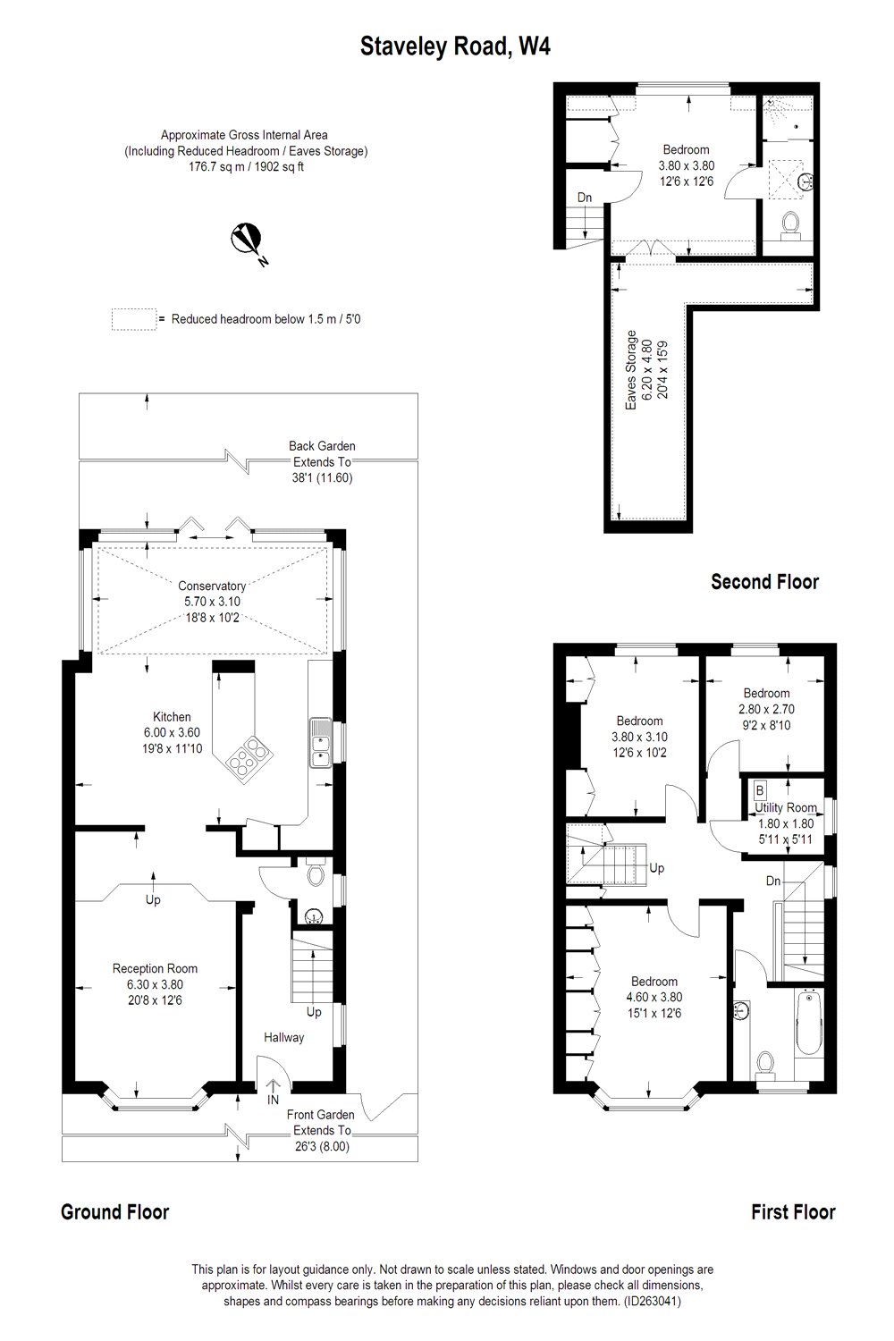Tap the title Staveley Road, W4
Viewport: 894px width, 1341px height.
455,46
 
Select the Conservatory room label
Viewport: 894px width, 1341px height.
211,586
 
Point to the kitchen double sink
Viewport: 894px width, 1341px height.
320,744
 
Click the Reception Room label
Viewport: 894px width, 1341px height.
155,968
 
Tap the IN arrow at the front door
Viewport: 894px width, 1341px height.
274,1092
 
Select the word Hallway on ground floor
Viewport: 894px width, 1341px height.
283,1038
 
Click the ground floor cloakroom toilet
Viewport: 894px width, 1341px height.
315,874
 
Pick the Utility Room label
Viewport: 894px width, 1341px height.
786,807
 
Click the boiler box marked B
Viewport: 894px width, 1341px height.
760,790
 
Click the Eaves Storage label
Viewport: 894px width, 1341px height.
631,371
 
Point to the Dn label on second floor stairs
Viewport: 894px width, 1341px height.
584,198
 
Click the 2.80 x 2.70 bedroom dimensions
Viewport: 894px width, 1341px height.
766,709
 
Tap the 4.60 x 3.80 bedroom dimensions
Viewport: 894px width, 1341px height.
654,997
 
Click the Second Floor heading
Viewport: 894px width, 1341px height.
764,582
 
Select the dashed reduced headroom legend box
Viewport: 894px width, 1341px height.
132,319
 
